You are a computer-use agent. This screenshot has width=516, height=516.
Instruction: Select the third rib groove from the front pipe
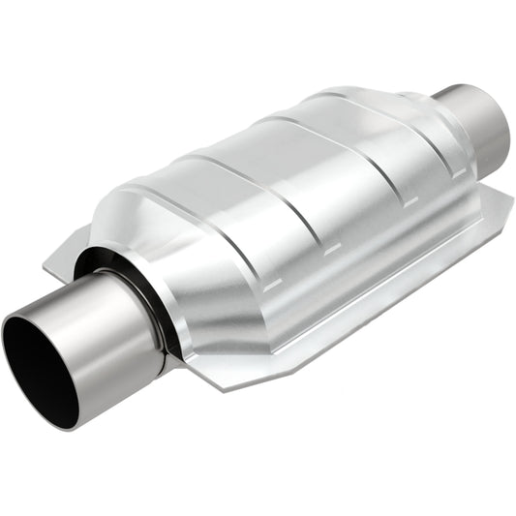tap(315, 155)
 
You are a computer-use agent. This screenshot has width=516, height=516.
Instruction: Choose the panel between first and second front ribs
tap(232, 208)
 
